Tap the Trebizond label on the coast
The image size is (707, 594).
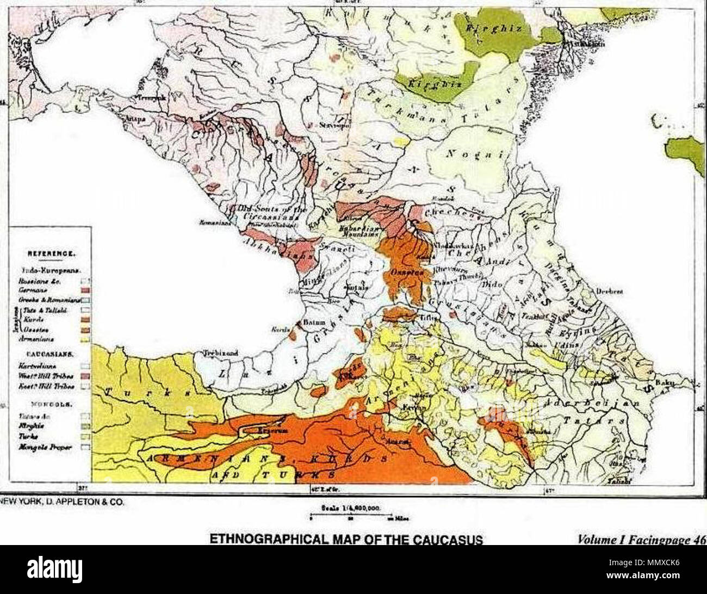(220, 353)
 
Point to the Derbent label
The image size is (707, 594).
(609, 291)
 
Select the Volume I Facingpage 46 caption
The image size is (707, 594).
(642, 540)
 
